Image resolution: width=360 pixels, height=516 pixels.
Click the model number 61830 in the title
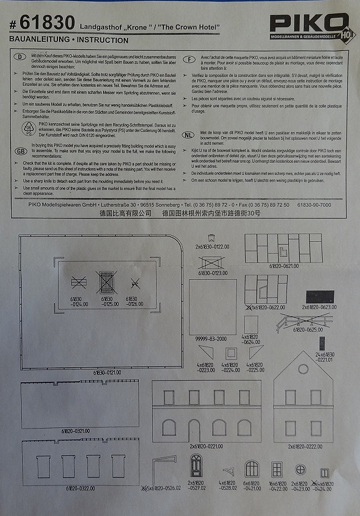coord(47,24)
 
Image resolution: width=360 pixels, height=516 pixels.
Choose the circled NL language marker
coord(191,134)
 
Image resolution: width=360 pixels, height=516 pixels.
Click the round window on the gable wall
coord(303,368)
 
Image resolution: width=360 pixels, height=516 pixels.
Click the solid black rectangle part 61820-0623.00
coord(319,295)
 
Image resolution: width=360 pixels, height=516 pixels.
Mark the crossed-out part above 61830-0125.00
coord(106,283)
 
